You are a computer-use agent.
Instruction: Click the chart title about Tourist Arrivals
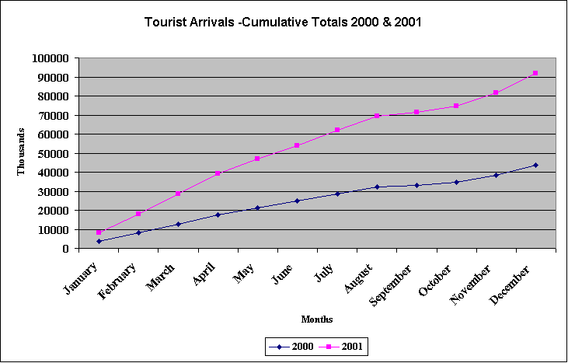click(x=283, y=22)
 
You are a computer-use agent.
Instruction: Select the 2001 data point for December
click(x=535, y=73)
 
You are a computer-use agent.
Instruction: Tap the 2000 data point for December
click(x=535, y=165)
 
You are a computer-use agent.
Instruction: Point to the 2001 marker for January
click(x=99, y=232)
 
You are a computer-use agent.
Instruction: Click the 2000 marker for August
click(x=377, y=187)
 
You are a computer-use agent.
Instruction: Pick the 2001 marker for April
click(x=218, y=173)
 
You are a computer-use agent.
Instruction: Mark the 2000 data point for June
click(x=297, y=201)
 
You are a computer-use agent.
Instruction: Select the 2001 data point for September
click(x=416, y=112)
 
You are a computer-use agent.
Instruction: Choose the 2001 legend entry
click(x=341, y=347)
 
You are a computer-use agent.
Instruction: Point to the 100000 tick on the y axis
click(x=51, y=58)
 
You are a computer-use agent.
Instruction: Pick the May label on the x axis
click(x=246, y=274)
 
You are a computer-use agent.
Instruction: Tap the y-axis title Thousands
click(x=22, y=152)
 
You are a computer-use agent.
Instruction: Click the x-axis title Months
click(x=317, y=319)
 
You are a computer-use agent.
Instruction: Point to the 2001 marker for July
click(x=337, y=130)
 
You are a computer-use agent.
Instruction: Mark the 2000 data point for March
click(x=178, y=224)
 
